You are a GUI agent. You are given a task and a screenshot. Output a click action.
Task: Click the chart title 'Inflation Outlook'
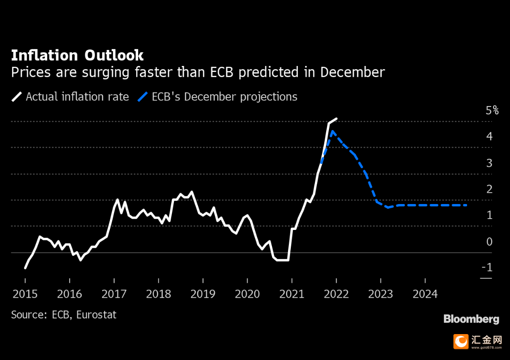tap(77, 55)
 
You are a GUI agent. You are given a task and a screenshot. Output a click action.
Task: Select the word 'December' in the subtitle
tap(352, 72)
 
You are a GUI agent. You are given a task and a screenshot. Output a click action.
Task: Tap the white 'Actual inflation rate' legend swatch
tap(16, 97)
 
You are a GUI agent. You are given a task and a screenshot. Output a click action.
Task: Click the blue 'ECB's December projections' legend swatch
tap(142, 97)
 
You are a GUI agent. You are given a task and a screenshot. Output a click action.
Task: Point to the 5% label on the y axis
tap(492, 110)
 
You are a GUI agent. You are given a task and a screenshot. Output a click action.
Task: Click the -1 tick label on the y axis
tap(487, 267)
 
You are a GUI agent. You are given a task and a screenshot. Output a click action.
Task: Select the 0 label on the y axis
tap(489, 242)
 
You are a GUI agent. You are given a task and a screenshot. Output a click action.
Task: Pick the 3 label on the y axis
tap(489, 163)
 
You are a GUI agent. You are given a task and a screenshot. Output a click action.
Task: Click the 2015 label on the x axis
tap(25, 294)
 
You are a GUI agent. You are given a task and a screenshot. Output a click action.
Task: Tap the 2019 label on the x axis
tap(203, 294)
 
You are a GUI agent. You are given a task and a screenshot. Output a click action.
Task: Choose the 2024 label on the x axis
tap(425, 294)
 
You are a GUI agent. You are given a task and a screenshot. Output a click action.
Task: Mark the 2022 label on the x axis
tap(337, 294)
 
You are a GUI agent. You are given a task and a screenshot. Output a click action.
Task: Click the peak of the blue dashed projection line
tap(332, 131)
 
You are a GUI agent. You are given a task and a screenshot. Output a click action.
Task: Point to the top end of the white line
tap(337, 119)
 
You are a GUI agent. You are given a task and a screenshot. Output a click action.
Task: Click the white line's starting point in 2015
tap(25, 268)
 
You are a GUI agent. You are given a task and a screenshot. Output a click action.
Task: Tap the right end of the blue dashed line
tap(467, 205)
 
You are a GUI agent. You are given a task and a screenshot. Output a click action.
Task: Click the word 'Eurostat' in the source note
tap(96, 315)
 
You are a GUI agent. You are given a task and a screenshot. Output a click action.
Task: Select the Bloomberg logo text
tap(471, 319)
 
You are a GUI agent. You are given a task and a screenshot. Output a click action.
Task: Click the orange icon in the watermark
tap(461, 342)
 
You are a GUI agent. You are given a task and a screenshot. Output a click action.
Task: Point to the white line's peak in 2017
tap(117, 199)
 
